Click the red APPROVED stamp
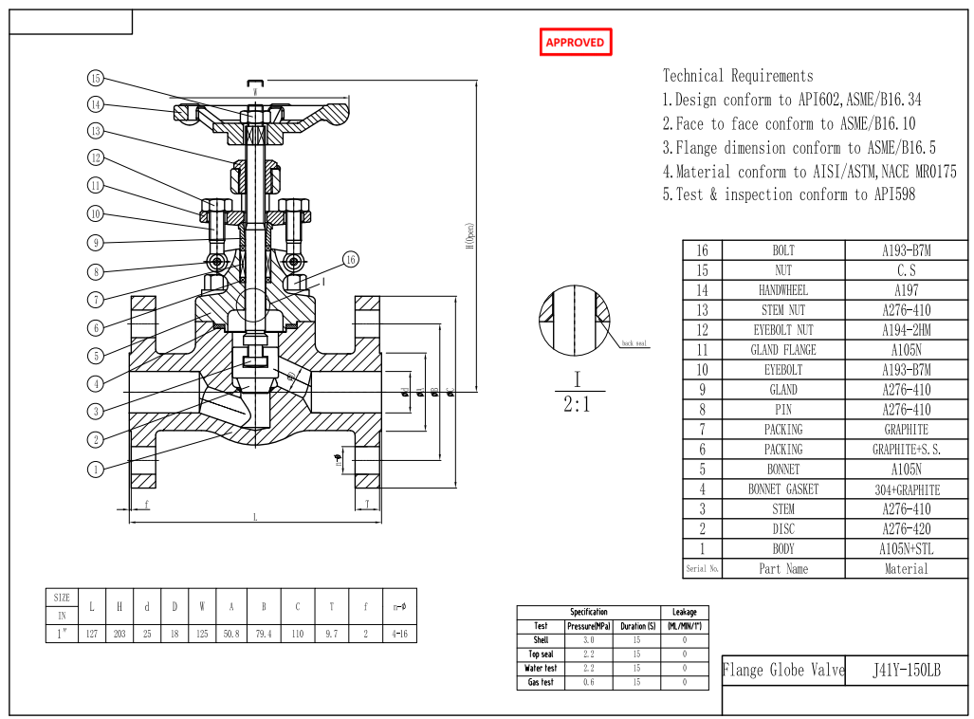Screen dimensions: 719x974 tap(575, 43)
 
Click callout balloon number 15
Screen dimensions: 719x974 tap(96, 78)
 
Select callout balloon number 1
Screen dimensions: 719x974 tap(96, 469)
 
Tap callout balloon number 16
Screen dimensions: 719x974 tap(350, 259)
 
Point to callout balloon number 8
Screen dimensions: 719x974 tap(96, 272)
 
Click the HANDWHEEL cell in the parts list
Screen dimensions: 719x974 tap(783, 290)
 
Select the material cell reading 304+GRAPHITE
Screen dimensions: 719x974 tap(906, 489)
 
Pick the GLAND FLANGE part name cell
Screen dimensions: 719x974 tap(783, 350)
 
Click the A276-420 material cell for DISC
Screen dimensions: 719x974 tap(906, 529)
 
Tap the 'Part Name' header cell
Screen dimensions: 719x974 tap(783, 569)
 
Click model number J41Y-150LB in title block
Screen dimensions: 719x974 tap(906, 671)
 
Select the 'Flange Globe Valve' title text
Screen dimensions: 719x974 tap(782, 671)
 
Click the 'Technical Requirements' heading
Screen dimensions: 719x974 tap(737, 76)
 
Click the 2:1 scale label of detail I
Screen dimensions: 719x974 tap(576, 404)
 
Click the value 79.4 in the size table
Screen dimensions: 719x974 tap(264, 633)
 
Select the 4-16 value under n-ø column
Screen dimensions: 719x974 tap(399, 633)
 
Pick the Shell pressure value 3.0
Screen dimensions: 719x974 tap(588, 640)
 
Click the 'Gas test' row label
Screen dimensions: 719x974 tap(541, 683)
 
